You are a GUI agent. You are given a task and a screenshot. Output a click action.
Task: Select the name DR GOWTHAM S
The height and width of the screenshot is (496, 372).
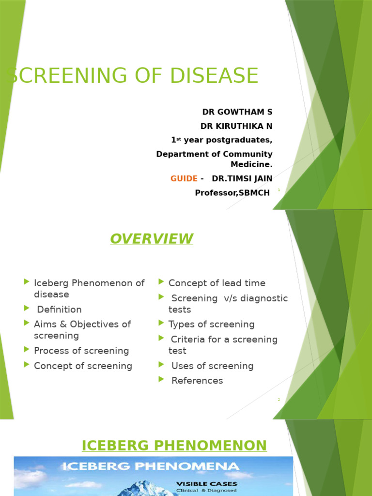(x=237, y=112)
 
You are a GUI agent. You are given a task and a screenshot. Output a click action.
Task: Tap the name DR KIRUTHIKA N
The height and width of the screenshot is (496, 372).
(x=236, y=126)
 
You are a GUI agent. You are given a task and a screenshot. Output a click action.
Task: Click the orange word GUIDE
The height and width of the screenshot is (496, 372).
(x=184, y=178)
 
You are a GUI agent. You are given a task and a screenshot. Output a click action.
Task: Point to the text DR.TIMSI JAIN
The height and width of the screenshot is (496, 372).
(x=242, y=178)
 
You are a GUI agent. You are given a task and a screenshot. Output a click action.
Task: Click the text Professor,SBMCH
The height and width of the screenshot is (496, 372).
(x=232, y=193)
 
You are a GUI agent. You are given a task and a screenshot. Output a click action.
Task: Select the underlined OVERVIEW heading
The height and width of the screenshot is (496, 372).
(x=151, y=239)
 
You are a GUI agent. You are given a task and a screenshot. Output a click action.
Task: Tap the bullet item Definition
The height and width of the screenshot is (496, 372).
(x=59, y=310)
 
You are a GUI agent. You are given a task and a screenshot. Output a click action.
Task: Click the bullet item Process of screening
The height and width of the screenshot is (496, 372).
(x=81, y=351)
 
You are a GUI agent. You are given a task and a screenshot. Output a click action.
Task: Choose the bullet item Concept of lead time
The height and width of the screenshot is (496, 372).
(x=217, y=283)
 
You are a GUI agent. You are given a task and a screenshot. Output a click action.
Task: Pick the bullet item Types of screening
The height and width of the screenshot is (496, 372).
(x=211, y=325)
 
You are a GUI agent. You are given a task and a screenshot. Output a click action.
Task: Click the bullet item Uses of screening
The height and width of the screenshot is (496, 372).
(x=212, y=366)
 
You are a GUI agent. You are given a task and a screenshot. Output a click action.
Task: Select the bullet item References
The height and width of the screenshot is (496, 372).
(x=197, y=381)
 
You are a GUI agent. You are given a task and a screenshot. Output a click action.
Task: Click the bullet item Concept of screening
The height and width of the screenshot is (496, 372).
(x=83, y=366)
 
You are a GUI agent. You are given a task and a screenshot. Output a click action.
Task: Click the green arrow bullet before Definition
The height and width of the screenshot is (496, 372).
(x=27, y=308)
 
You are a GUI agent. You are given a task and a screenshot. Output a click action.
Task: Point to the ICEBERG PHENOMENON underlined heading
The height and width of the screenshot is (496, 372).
(x=174, y=446)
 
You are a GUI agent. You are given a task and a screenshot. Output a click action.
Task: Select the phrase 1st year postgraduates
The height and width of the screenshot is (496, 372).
(x=222, y=140)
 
